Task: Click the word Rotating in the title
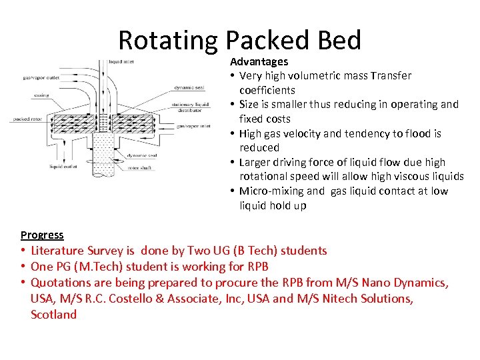point(169,41)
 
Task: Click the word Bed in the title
point(339,41)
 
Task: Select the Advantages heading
point(259,61)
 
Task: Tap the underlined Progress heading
point(42,235)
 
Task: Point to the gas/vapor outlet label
point(41,77)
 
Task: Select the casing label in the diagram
point(41,95)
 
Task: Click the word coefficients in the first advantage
point(267,90)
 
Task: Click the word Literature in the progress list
point(57,251)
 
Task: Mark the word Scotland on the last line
point(54,315)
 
